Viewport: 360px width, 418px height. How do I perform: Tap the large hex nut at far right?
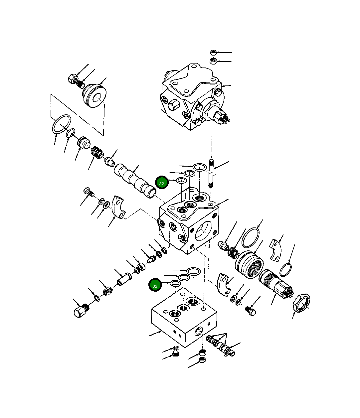[301, 301]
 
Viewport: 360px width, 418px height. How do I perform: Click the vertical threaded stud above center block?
[211, 174]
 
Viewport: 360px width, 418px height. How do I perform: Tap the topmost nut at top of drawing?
[214, 52]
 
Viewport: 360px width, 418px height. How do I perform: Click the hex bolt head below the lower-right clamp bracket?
[252, 311]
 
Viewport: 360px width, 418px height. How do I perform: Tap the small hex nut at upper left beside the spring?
[72, 79]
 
